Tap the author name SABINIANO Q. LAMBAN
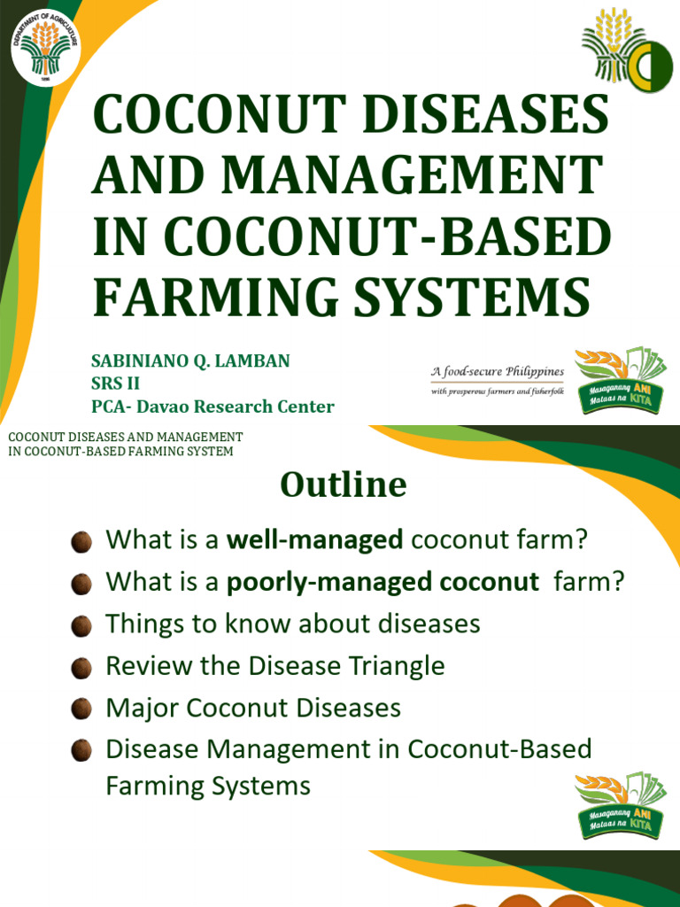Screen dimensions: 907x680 [190, 361]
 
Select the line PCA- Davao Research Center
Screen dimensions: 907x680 [212, 407]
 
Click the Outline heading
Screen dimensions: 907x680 [344, 485]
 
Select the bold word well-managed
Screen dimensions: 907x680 [314, 539]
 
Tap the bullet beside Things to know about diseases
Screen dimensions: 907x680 [81, 624]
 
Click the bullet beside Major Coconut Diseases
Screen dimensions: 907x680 [81, 709]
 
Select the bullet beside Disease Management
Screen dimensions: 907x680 [81, 750]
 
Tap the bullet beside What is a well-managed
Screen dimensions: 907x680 [81, 540]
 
